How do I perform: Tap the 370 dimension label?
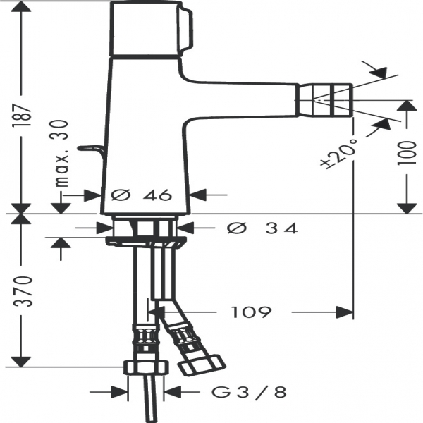pyautogui.click(x=23, y=291)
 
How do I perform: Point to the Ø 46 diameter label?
pyautogui.click(x=142, y=195)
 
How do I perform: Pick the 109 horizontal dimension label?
pyautogui.click(x=252, y=312)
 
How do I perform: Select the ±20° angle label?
pyautogui.click(x=339, y=154)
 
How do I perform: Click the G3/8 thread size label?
pyautogui.click(x=249, y=392)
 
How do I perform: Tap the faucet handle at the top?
pyautogui.click(x=151, y=29)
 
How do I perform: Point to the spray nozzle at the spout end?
pyautogui.click(x=324, y=100)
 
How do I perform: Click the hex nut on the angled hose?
pyautogui.click(x=202, y=365)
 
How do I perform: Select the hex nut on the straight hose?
pyautogui.click(x=145, y=367)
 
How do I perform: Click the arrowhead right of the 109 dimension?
pyautogui.click(x=344, y=312)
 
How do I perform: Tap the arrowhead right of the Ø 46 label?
pyautogui.click(x=198, y=195)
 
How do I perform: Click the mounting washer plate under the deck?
pyautogui.click(x=146, y=241)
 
